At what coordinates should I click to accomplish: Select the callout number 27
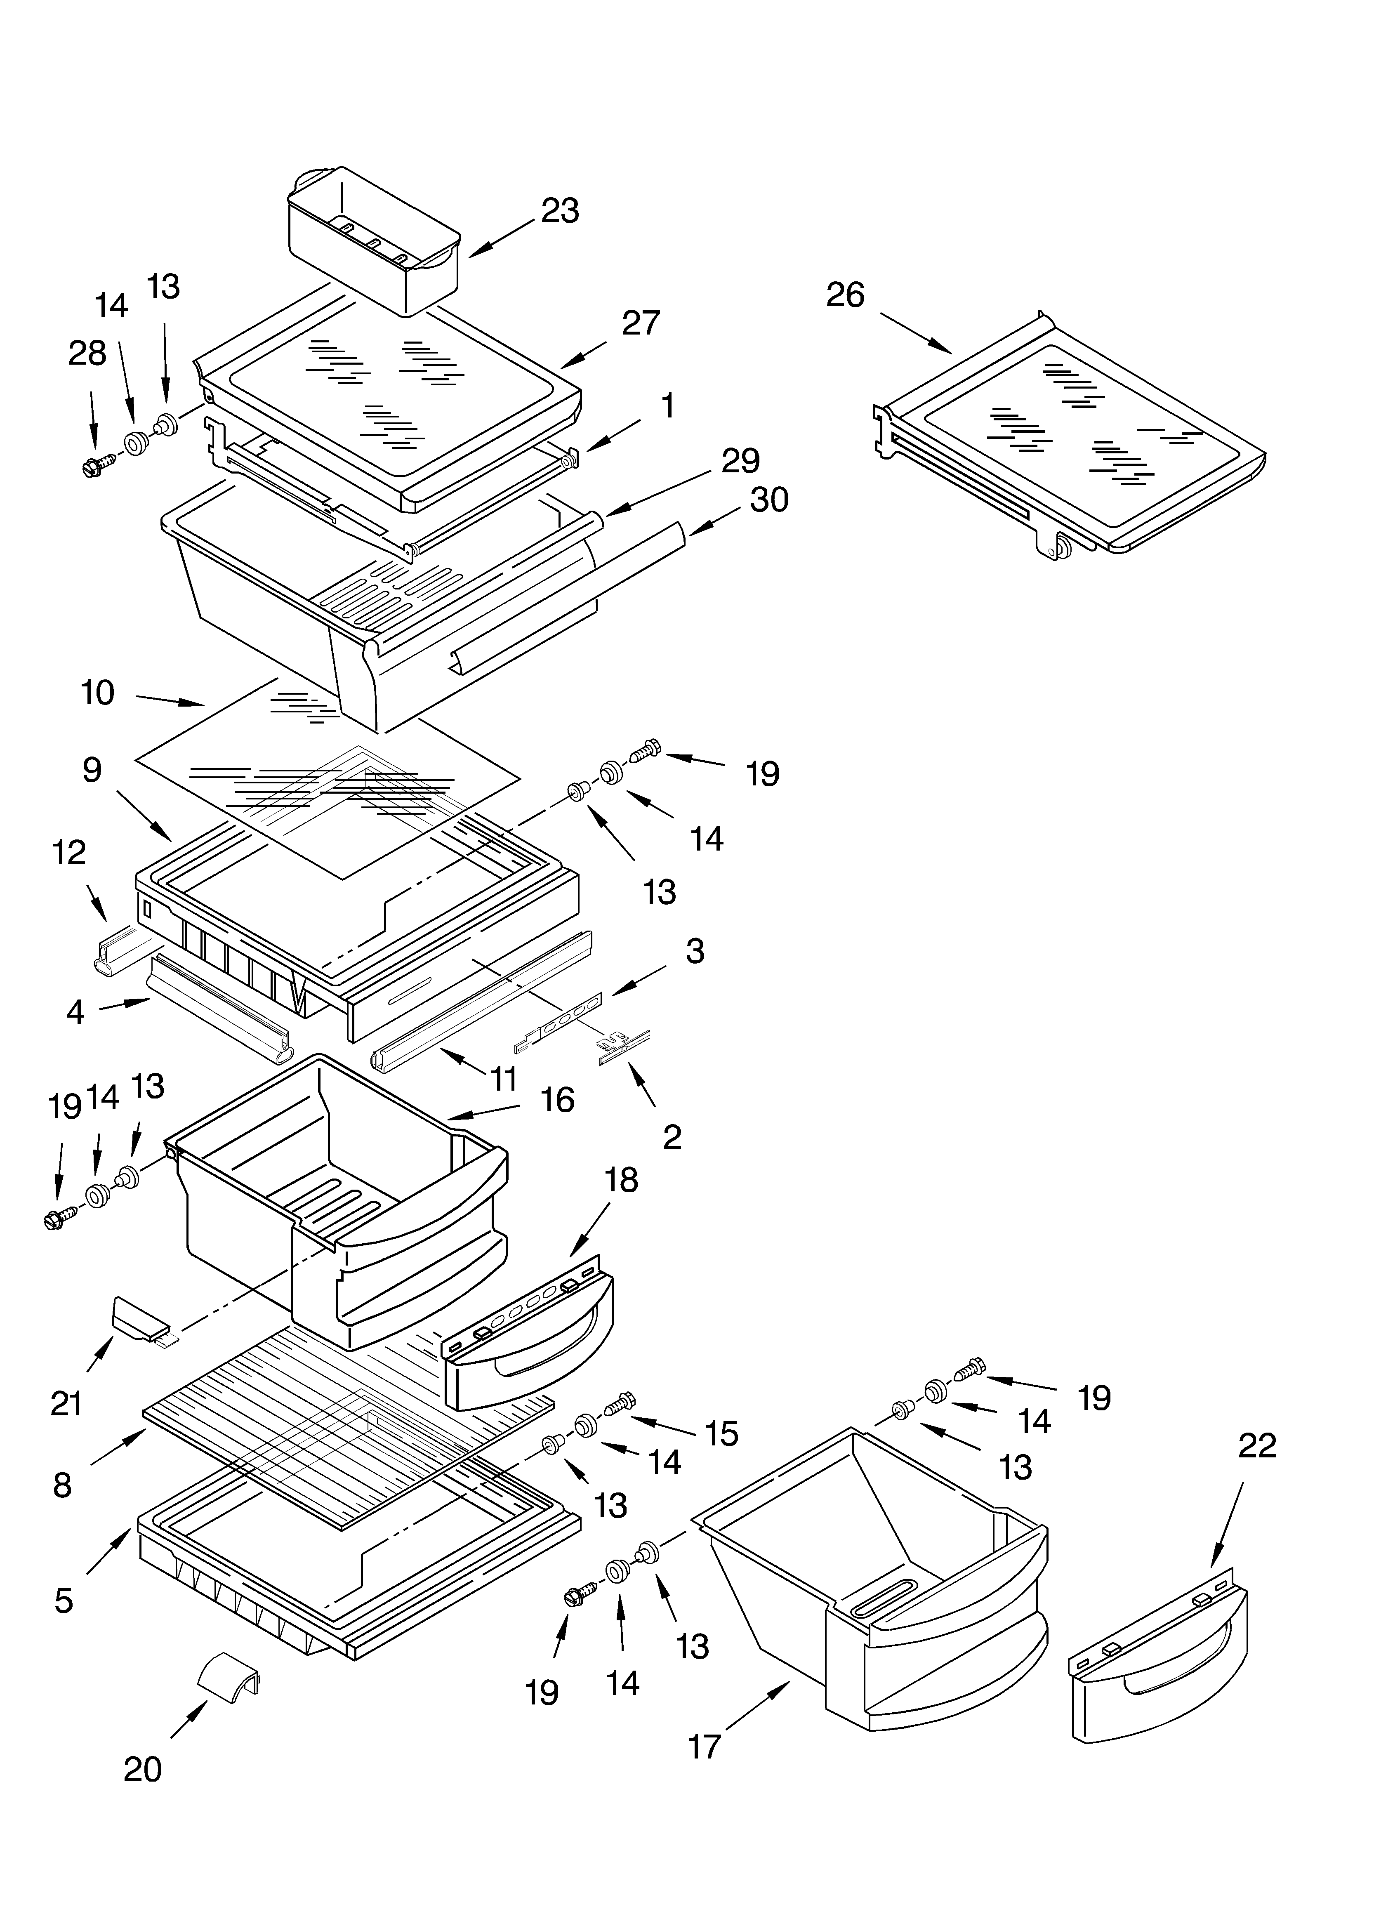pos(641,323)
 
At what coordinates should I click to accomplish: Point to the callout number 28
pos(87,354)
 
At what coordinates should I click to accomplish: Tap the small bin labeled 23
pos(374,240)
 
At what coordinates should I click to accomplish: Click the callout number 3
pos(695,951)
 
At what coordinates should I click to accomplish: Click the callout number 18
pos(622,1181)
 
